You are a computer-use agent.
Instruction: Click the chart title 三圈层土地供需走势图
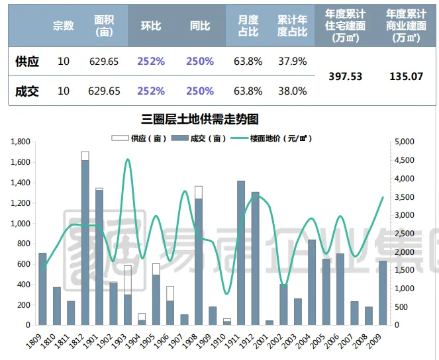click(x=199, y=119)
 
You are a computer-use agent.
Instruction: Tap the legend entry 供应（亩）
click(x=139, y=138)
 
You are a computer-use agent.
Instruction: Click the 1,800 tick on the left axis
click(x=21, y=142)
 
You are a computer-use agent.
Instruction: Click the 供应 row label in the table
click(x=27, y=62)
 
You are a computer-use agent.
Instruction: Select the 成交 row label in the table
click(x=27, y=91)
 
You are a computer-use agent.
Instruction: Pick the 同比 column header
click(x=199, y=26)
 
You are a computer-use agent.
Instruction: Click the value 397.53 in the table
click(x=346, y=76)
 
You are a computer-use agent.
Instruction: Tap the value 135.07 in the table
click(x=406, y=76)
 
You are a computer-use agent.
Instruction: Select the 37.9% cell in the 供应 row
click(x=292, y=62)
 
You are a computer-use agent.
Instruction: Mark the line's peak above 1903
click(x=127, y=159)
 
